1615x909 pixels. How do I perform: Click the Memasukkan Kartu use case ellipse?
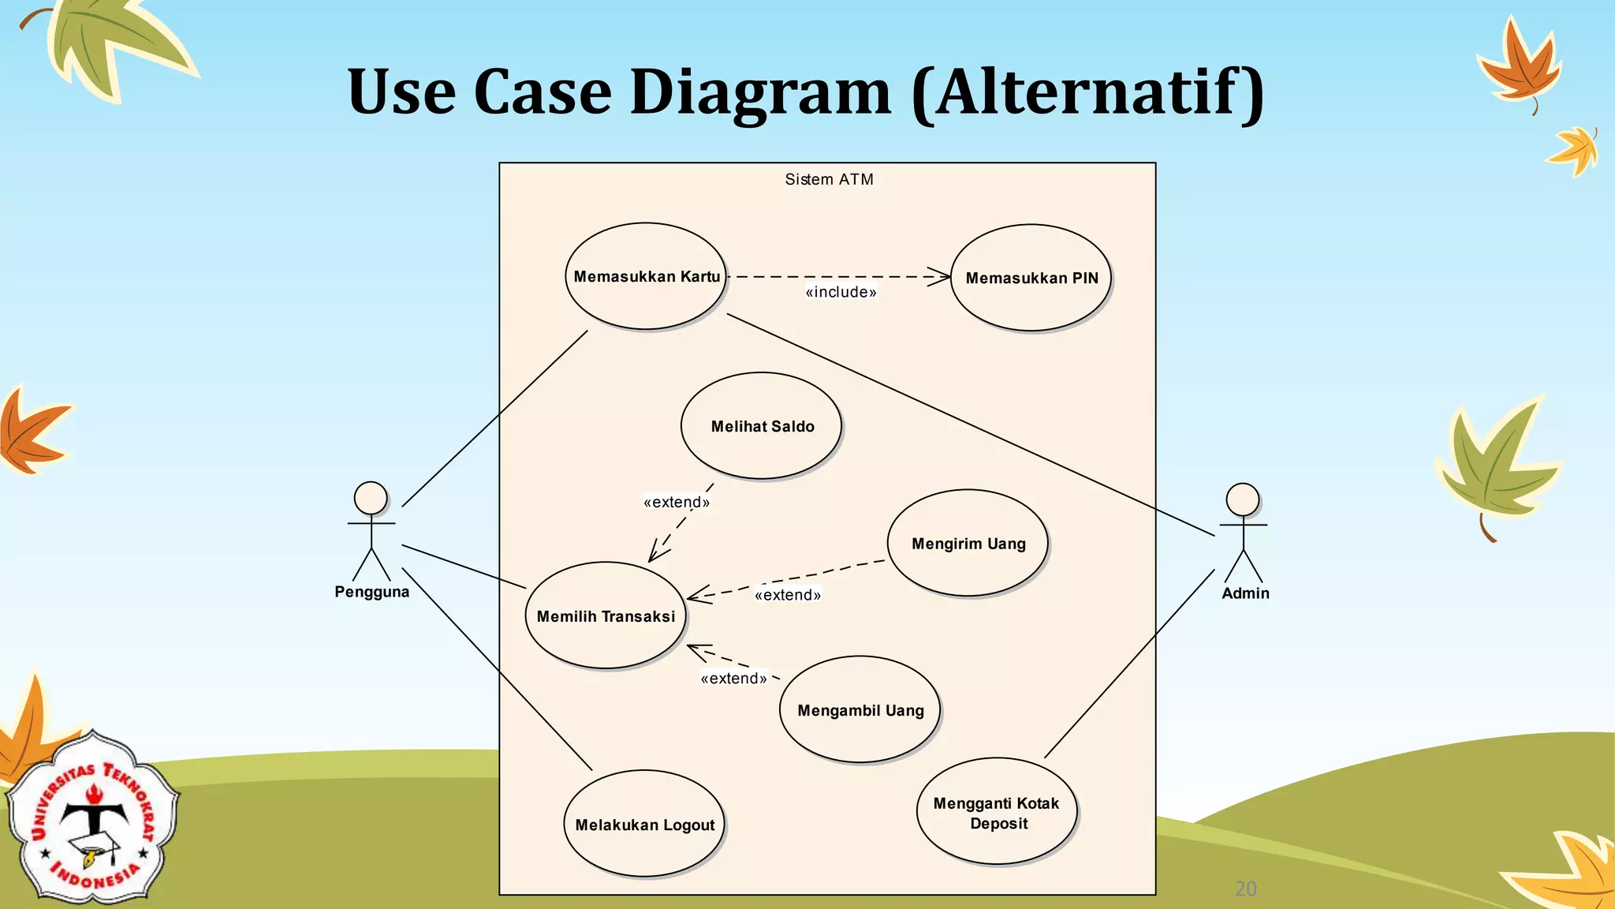tap(645, 276)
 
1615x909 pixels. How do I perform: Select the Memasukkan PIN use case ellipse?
tap(1031, 278)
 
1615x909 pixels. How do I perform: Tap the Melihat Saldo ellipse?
tap(761, 426)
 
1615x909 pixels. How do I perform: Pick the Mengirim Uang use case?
tap(968, 543)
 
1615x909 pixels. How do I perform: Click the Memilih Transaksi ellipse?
tap(606, 615)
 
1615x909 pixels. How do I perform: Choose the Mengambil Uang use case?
tap(860, 709)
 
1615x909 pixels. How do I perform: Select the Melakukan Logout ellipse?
tap(644, 824)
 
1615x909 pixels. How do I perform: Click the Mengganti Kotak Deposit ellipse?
tap(997, 812)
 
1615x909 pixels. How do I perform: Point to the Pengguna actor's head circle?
tap(371, 498)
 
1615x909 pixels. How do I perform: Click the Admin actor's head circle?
tap(1243, 499)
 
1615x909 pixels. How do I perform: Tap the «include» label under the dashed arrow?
tap(841, 293)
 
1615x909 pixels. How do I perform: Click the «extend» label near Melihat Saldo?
tap(677, 503)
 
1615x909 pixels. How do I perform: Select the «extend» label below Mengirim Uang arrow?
tap(788, 595)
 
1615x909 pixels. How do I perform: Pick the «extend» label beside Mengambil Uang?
tap(733, 679)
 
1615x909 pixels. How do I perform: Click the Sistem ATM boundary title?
tap(829, 180)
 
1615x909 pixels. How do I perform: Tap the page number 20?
tap(1246, 889)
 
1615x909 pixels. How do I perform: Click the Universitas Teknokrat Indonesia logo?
tap(93, 817)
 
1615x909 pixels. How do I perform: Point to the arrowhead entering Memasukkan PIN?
tap(943, 277)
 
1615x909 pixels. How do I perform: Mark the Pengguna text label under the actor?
tap(371, 592)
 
